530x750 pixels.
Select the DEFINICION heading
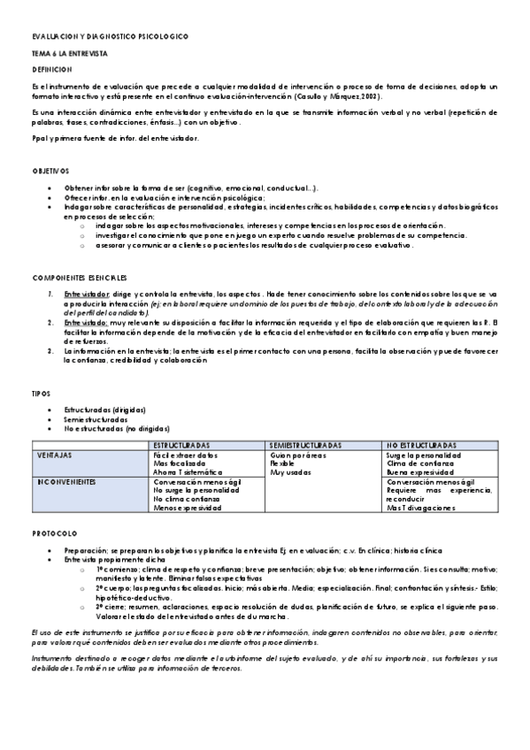click(x=51, y=69)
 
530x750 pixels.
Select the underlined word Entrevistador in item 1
click(x=87, y=293)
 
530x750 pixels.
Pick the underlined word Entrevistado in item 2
click(x=85, y=323)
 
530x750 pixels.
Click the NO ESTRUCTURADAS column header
click(x=422, y=445)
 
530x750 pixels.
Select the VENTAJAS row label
click(x=54, y=455)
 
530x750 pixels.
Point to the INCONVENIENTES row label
click(x=65, y=482)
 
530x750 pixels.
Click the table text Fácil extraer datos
click(x=186, y=455)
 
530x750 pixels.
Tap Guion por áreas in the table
click(x=298, y=455)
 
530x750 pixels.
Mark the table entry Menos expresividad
click(x=188, y=509)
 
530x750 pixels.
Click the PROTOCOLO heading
click(x=54, y=533)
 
